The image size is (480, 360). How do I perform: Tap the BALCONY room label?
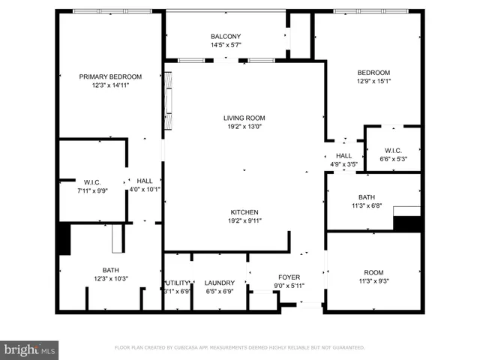tap(226, 36)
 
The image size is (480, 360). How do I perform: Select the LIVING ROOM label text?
tap(244, 118)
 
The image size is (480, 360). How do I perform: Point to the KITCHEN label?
tap(244, 212)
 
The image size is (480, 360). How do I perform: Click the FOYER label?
tap(289, 277)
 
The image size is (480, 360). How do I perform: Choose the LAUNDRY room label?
tap(220, 283)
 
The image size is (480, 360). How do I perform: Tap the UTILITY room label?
tap(178, 283)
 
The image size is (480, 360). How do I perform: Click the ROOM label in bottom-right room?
tap(373, 272)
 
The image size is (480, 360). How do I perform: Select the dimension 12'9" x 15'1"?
tap(373, 81)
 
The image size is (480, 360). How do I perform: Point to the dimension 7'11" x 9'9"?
tap(93, 190)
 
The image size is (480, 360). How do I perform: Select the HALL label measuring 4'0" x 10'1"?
tap(144, 181)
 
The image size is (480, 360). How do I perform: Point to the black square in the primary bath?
tap(64, 238)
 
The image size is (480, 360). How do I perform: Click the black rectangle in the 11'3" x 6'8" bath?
tap(407, 223)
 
